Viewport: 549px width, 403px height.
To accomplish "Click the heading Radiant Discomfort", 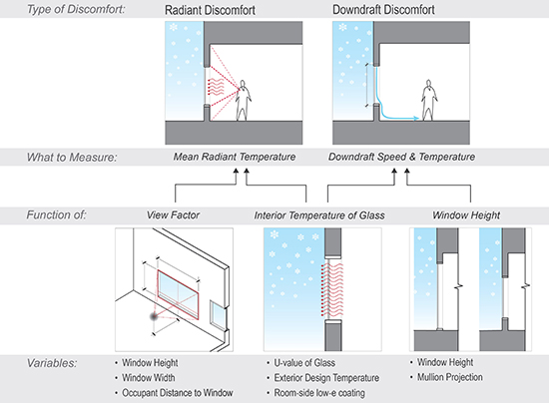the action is pyautogui.click(x=210, y=10).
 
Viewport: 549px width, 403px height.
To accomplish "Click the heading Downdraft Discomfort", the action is pyautogui.click(x=383, y=9).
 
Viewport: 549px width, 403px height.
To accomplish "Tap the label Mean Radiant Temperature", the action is pyautogui.click(x=235, y=157).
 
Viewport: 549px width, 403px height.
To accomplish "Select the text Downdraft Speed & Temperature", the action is pyautogui.click(x=401, y=157).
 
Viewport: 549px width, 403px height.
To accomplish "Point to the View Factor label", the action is pyautogui.click(x=173, y=215).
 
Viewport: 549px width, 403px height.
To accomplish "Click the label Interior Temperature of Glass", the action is pyautogui.click(x=319, y=215).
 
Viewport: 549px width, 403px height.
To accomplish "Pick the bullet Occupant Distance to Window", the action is pyautogui.click(x=177, y=393).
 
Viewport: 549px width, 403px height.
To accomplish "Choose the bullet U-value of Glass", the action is pyautogui.click(x=304, y=363).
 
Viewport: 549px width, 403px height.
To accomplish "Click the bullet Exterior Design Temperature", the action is pyautogui.click(x=326, y=378).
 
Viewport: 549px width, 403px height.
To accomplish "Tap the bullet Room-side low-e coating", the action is pyautogui.click(x=319, y=393).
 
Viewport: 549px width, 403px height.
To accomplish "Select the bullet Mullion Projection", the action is pyautogui.click(x=450, y=377).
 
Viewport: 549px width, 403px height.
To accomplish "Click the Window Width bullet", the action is pyautogui.click(x=149, y=378).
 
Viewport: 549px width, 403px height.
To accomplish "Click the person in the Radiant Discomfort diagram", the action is pyautogui.click(x=243, y=101).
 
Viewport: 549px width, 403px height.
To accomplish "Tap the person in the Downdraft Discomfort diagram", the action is pyautogui.click(x=428, y=101).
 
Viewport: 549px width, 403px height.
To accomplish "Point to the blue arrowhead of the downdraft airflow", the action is pyautogui.click(x=416, y=119).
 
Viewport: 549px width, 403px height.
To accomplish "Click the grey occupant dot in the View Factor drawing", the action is pyautogui.click(x=154, y=316).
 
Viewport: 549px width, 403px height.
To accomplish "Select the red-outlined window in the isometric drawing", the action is pyautogui.click(x=178, y=294).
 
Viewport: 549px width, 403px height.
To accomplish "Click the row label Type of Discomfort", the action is pyautogui.click(x=76, y=9).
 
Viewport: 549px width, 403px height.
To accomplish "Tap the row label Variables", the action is pyautogui.click(x=52, y=363).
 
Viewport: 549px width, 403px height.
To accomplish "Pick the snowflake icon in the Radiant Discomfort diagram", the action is pyautogui.click(x=174, y=27).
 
